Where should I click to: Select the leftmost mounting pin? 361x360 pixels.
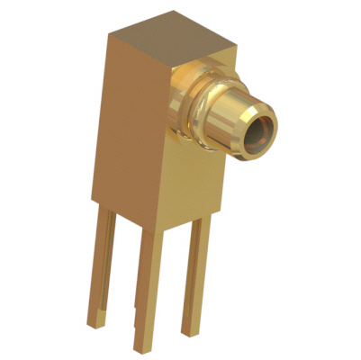[102, 270]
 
